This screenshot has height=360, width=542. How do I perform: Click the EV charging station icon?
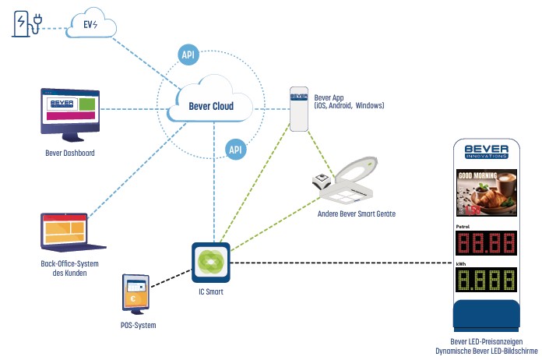25,23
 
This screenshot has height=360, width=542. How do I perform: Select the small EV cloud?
91,24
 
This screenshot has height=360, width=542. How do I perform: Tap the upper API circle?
187,55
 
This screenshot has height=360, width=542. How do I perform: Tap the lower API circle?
235,148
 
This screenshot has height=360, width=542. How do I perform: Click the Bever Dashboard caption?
70,153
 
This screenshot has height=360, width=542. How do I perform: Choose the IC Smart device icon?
210,263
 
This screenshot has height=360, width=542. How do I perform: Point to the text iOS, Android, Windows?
349,105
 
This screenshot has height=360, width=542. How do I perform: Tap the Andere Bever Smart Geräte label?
356,212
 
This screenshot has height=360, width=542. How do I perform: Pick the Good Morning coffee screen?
485,192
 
